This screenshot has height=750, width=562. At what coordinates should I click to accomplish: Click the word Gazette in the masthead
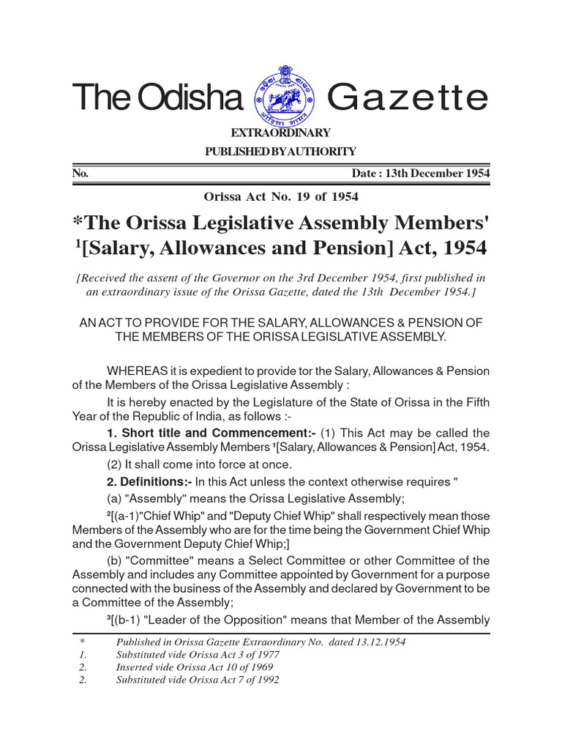click(x=406, y=97)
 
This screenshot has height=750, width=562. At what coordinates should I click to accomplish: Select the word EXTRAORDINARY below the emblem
click(x=282, y=133)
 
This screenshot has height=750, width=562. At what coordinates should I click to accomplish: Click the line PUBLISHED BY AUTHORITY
click(x=282, y=152)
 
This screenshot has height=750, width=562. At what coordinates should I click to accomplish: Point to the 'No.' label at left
click(x=80, y=174)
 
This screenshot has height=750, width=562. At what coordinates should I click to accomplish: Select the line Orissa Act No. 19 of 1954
click(x=280, y=196)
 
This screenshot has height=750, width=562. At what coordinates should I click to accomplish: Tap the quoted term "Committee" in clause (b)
click(x=161, y=560)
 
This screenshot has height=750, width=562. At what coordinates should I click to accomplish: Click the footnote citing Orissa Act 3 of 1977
click(x=197, y=654)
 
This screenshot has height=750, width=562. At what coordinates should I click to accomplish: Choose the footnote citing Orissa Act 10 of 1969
click(x=194, y=667)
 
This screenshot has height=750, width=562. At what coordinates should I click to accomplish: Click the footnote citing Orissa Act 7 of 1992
click(x=197, y=679)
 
